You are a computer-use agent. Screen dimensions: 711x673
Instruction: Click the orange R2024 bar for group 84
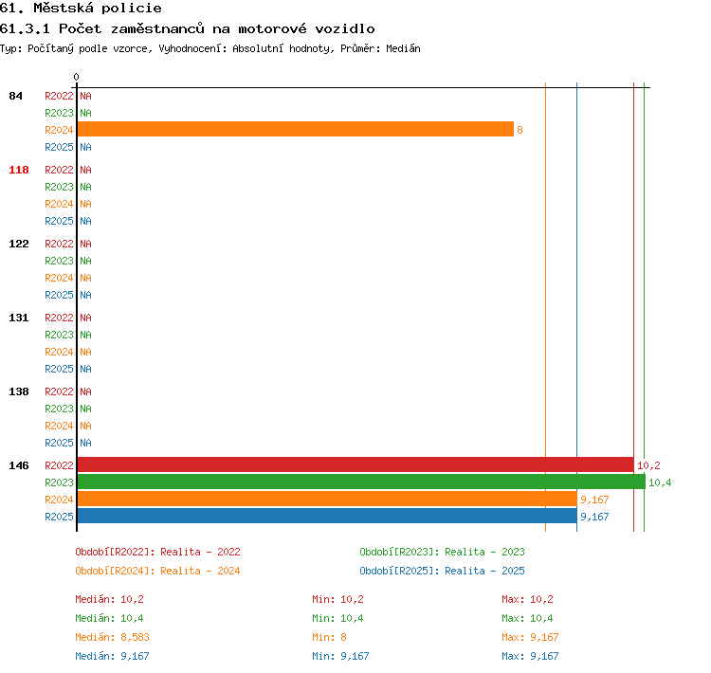pos(295,129)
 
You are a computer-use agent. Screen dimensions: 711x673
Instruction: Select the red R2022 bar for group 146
pos(355,464)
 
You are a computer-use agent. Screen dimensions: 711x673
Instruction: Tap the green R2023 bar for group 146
pos(361,482)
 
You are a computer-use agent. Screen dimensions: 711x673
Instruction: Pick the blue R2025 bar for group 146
pos(327,516)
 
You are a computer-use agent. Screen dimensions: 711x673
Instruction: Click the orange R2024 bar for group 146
pos(327,499)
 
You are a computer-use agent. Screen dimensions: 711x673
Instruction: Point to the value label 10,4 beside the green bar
pos(660,482)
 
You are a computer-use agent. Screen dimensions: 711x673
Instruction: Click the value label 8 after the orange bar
pos(520,130)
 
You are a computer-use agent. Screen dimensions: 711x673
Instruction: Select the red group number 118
pos(19,170)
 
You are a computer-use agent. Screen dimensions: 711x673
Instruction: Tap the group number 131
pos(19,318)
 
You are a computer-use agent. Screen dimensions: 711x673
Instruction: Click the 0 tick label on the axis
pos(76,77)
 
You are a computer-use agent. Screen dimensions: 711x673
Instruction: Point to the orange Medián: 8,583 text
pos(113,637)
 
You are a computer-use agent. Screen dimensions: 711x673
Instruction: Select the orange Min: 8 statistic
pos(329,637)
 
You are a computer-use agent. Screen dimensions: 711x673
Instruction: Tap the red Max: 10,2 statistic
pos(527,599)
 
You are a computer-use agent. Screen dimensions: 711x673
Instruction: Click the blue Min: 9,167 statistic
pos(340,656)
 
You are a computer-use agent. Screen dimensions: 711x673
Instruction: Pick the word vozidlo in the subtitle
pos(345,29)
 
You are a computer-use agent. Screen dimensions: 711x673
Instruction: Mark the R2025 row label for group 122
pos(59,295)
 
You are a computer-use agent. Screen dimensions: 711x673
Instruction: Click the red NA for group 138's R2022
pos(85,391)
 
